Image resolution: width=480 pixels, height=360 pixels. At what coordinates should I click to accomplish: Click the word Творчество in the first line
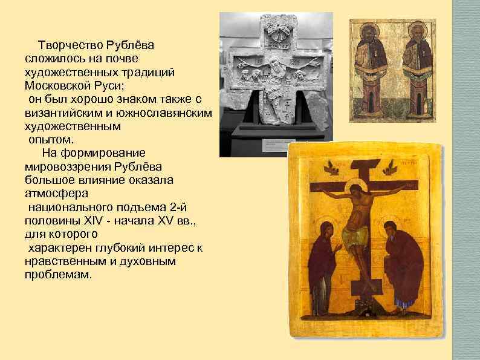70,45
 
